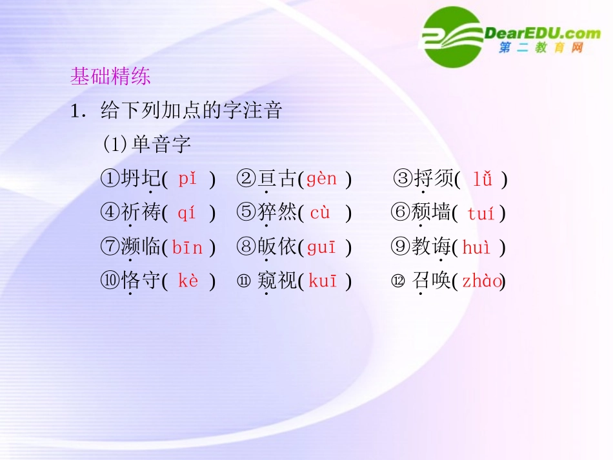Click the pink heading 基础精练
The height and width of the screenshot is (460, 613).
tap(110, 77)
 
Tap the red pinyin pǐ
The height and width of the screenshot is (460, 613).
tap(187, 179)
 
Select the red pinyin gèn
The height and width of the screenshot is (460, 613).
tap(321, 179)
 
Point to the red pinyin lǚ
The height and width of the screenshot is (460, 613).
tap(482, 179)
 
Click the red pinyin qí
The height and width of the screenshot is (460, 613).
tap(186, 213)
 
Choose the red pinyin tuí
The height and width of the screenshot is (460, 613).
tap(481, 214)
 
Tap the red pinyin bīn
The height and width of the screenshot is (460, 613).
tap(187, 247)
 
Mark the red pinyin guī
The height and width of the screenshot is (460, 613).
tap(321, 247)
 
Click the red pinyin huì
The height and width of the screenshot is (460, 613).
tap(477, 247)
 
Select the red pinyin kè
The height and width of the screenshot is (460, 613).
tap(188, 281)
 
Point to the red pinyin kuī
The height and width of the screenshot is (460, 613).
tap(322, 281)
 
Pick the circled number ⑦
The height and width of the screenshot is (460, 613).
tap(110, 247)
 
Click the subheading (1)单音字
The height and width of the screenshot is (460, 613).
tap(148, 145)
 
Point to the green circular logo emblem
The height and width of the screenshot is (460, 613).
tap(452, 37)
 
